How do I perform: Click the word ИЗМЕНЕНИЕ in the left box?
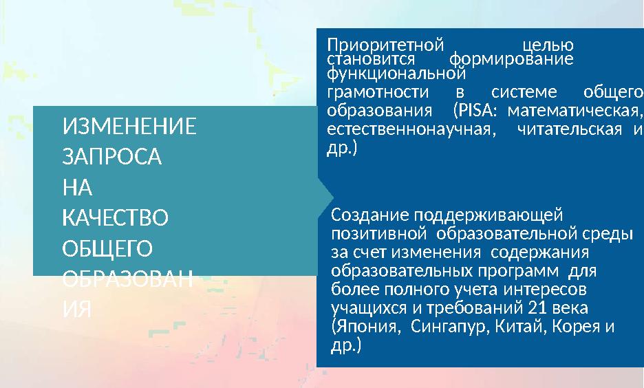click(x=129, y=127)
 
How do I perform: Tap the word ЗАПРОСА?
click(x=112, y=158)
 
